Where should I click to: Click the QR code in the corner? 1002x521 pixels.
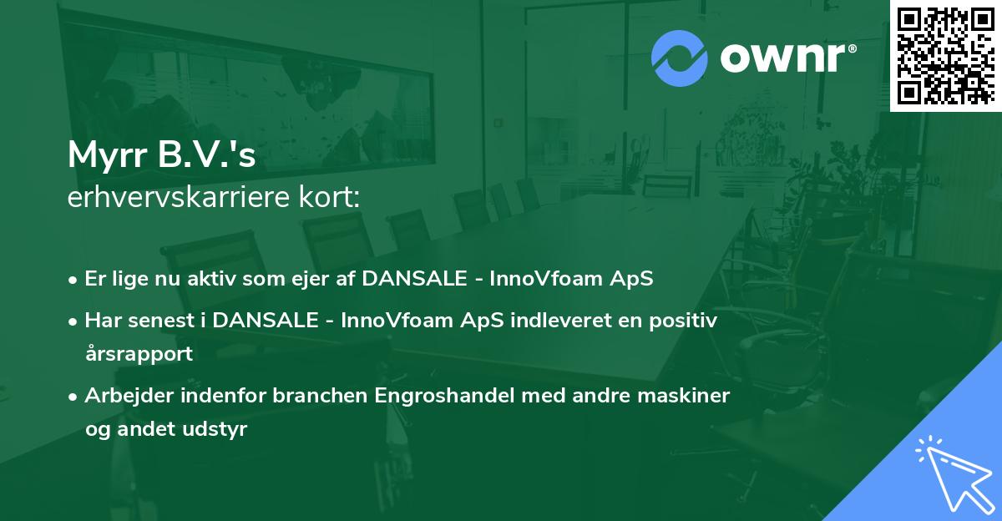coord(945,55)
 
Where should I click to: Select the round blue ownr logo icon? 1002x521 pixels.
coord(680,58)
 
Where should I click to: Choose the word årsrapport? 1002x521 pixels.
coord(139,354)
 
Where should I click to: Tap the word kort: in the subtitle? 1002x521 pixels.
coord(331,198)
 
